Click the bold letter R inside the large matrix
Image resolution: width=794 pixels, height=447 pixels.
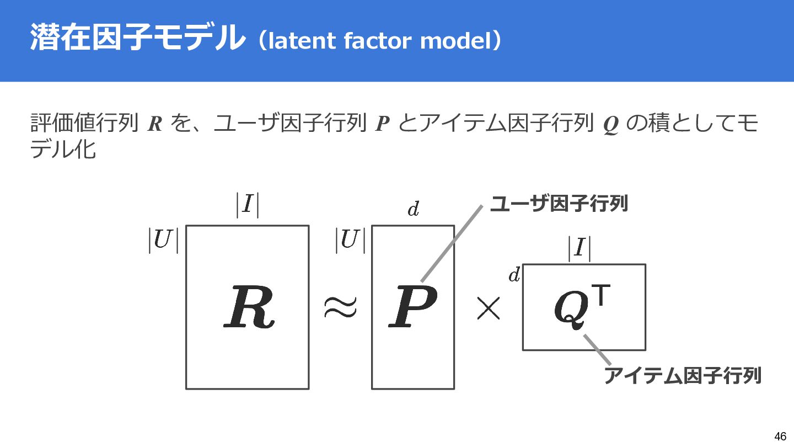tap(249, 307)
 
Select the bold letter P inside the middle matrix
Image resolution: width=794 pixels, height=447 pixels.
tap(412, 307)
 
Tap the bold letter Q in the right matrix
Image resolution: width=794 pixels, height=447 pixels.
tap(572, 309)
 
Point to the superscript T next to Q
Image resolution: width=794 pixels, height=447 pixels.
tap(603, 296)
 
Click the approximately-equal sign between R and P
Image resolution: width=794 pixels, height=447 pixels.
tap(340, 307)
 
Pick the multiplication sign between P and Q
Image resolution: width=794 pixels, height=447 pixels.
tap(488, 310)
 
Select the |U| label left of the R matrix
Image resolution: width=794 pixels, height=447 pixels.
tap(163, 241)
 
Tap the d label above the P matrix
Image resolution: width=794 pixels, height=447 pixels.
tap(413, 210)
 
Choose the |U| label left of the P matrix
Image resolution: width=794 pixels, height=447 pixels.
tap(350, 241)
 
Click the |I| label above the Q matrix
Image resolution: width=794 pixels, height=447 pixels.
tap(579, 249)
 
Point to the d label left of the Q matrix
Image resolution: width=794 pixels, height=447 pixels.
tap(514, 275)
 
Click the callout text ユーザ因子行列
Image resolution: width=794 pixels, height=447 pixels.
tap(559, 204)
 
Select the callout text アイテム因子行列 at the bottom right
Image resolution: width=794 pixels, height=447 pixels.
tap(683, 375)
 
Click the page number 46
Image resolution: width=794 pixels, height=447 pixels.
tap(780, 436)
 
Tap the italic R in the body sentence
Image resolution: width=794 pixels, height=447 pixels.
tap(155, 125)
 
